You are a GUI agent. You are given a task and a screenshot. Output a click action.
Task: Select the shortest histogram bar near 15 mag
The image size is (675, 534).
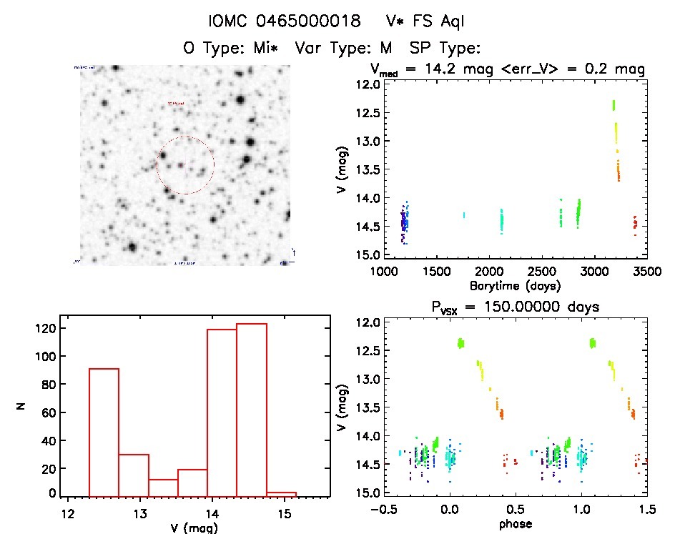(x=281, y=493)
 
